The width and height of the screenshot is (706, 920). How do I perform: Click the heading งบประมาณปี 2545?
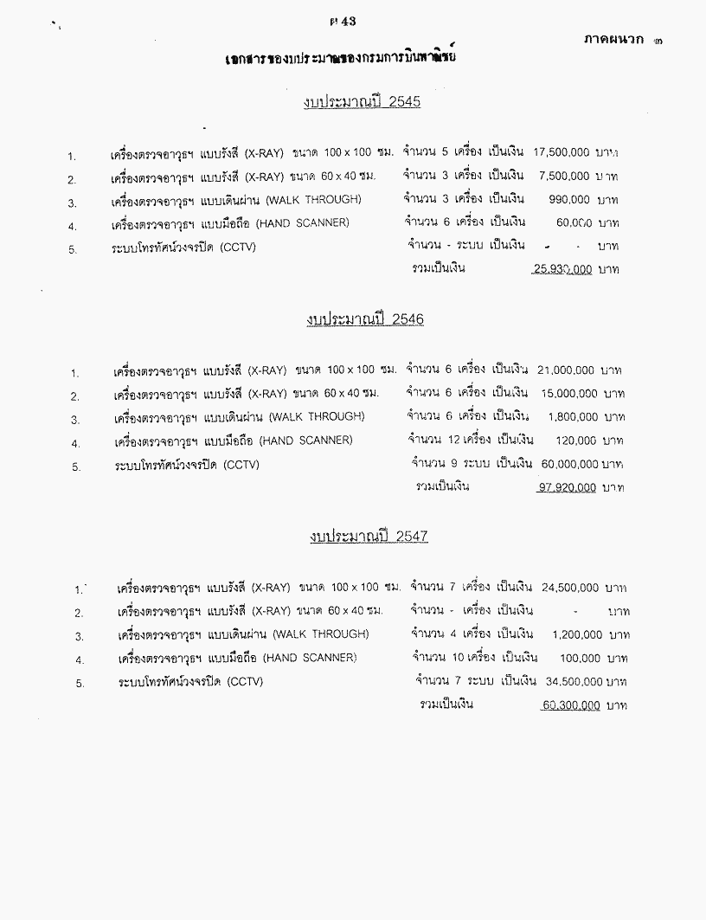click(x=362, y=104)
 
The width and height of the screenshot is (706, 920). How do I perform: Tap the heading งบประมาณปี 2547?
click(x=369, y=537)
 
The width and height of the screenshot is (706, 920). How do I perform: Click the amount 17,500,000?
click(x=562, y=151)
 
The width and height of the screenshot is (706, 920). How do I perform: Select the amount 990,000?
click(x=568, y=199)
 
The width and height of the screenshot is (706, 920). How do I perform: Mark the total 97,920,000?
click(x=567, y=488)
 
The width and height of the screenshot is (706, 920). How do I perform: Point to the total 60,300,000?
click(x=571, y=706)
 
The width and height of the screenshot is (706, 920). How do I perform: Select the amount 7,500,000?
click(x=565, y=176)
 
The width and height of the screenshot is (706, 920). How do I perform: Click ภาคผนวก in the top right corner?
click(x=612, y=40)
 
